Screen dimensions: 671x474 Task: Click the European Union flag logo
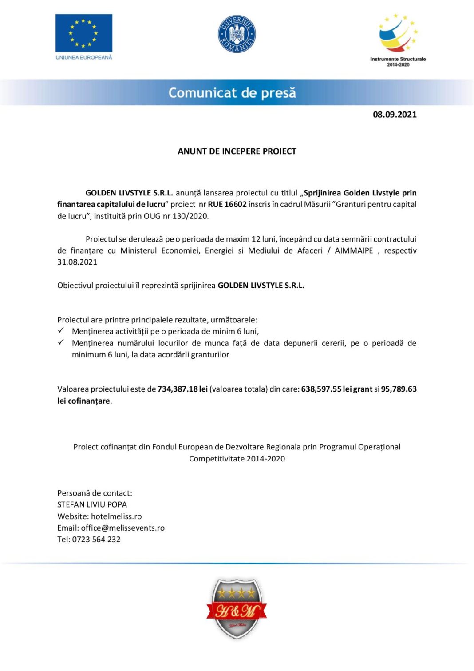[83, 33]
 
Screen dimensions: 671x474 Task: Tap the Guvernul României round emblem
[237, 34]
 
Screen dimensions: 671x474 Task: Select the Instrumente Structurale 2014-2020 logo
[398, 40]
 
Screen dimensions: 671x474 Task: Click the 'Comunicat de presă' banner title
[232, 93]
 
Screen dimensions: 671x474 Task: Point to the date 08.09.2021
[395, 115]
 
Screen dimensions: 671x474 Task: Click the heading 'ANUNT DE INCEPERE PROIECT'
[237, 151]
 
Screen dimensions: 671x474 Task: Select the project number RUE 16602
[227, 204]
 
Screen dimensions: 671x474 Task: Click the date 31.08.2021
[77, 262]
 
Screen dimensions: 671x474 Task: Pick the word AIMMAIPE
[354, 250]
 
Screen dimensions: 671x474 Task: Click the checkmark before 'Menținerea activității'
[61, 331]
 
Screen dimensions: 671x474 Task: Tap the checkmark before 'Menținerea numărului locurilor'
[61, 342]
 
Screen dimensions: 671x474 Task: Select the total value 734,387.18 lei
[182, 389]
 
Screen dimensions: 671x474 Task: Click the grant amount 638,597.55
[321, 389]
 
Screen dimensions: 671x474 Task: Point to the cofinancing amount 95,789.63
[399, 389]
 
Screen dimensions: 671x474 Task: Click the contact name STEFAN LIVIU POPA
[92, 504]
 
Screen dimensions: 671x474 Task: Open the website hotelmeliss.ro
[116, 516]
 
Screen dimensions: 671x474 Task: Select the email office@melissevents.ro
[122, 528]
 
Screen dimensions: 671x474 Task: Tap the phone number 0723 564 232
[96, 540]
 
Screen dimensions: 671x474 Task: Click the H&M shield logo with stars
[237, 608]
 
